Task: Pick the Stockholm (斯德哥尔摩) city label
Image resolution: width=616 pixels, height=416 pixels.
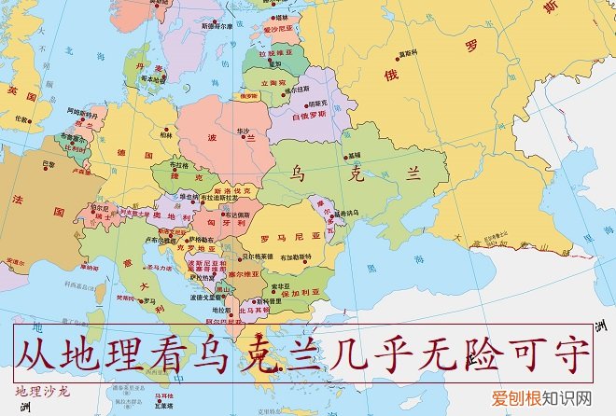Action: pyautogui.click(x=211, y=27)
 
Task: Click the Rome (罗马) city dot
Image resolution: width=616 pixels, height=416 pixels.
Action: pyautogui.click(x=142, y=300)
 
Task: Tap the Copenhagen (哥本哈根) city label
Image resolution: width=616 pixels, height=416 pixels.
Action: pyautogui.click(x=152, y=80)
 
